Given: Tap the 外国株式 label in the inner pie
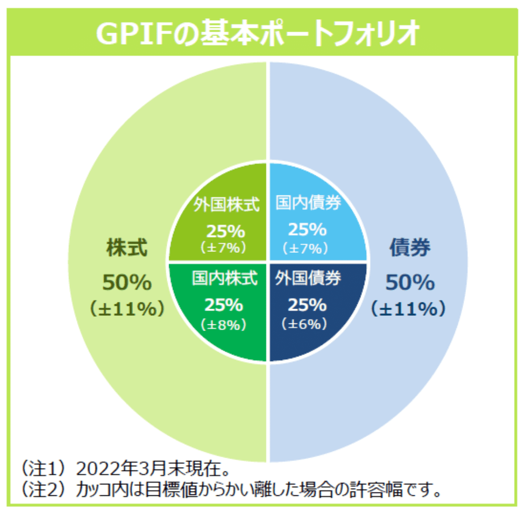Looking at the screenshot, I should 226,205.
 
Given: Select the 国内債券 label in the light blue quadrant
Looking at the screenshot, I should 308,203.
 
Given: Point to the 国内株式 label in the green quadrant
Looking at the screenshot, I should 225,278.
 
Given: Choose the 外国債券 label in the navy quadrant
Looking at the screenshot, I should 308,278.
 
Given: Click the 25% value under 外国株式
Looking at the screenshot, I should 225,231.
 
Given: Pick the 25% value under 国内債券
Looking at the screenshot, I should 307,229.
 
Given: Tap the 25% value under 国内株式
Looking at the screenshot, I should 224,305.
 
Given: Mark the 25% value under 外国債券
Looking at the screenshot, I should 307,305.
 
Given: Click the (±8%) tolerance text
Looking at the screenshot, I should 224,324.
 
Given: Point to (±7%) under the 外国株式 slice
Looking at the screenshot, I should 224,247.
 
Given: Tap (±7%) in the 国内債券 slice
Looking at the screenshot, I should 305,248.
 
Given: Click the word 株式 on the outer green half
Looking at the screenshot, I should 127,248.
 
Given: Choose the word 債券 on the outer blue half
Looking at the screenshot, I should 410,248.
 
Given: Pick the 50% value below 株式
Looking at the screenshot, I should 127,283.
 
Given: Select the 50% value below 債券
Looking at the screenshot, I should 410,283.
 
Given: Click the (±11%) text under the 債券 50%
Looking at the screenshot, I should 409,309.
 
